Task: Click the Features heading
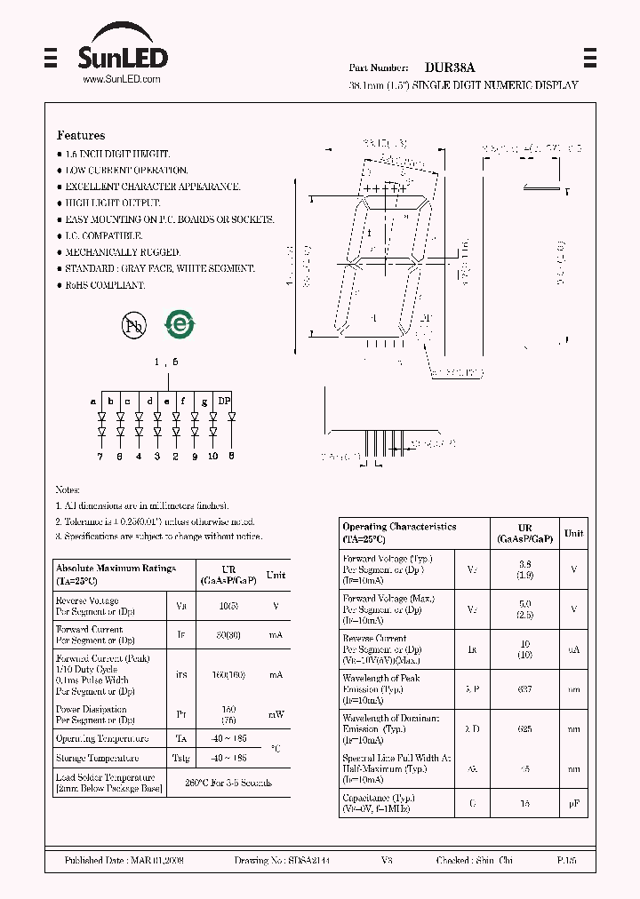click(x=81, y=135)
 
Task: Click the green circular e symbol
click(x=180, y=325)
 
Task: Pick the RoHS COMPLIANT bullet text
click(x=105, y=285)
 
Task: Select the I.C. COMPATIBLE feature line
click(x=103, y=235)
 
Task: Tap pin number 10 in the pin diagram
click(x=213, y=457)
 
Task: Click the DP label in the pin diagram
click(x=225, y=401)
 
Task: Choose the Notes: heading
click(x=68, y=489)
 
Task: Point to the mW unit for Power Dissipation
click(x=276, y=714)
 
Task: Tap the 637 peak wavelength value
click(x=525, y=688)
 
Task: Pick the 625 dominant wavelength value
click(x=525, y=728)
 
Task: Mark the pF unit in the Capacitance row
click(x=574, y=803)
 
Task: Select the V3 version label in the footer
click(x=387, y=861)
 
